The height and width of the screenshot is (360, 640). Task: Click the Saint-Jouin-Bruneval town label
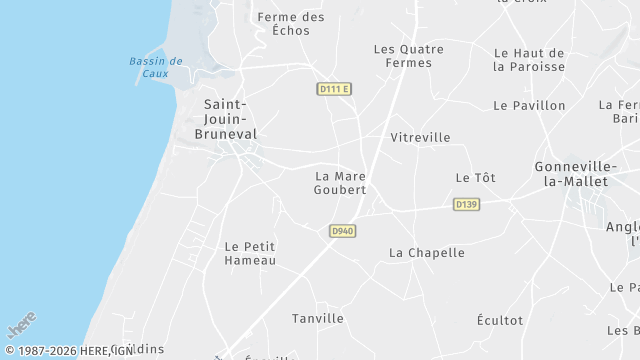(x=230, y=118)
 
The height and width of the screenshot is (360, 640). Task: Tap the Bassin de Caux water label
(x=155, y=67)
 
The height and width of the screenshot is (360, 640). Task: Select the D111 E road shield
(x=335, y=89)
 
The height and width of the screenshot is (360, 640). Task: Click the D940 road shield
(x=342, y=231)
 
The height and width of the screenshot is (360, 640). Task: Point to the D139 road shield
(x=466, y=204)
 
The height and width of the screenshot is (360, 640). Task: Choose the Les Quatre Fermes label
(x=402, y=55)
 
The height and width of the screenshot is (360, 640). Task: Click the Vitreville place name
(x=420, y=137)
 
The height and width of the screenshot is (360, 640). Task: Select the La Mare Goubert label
(x=340, y=183)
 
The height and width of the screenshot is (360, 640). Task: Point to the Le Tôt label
(x=475, y=177)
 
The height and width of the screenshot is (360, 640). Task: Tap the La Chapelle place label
(x=426, y=253)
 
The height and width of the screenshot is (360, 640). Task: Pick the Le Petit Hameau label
(x=250, y=253)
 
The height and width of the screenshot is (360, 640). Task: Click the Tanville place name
(x=317, y=318)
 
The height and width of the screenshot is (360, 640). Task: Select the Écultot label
(x=500, y=320)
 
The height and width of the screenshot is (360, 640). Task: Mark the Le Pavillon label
(x=529, y=105)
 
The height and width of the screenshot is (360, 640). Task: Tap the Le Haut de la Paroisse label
(x=529, y=60)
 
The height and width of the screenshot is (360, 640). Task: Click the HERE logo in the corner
(x=22, y=326)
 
